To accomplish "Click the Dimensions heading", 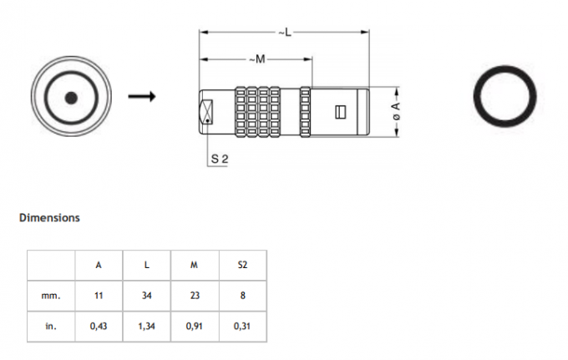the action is tap(49, 218).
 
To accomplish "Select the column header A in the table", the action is tap(99, 265).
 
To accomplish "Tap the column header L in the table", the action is tap(146, 265).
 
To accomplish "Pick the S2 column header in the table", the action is tap(242, 265).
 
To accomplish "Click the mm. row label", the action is tap(51, 296).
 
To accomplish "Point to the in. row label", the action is tap(51, 327).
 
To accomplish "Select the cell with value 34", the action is tap(146, 296).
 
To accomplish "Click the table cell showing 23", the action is tap(195, 296).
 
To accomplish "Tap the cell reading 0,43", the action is tap(99, 327).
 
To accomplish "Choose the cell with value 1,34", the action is tap(146, 327).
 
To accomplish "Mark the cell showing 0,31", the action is tap(242, 327).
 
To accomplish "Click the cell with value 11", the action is tap(99, 296).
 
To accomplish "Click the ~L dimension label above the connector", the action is tap(285, 33).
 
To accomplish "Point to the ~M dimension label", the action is tap(257, 58).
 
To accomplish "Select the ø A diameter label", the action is tap(396, 111).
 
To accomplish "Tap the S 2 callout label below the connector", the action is tap(220, 159).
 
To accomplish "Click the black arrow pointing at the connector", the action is tap(142, 96).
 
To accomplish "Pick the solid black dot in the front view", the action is tap(71, 98).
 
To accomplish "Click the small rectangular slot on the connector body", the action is tap(341, 112).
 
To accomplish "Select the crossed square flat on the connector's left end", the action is tap(206, 112).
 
